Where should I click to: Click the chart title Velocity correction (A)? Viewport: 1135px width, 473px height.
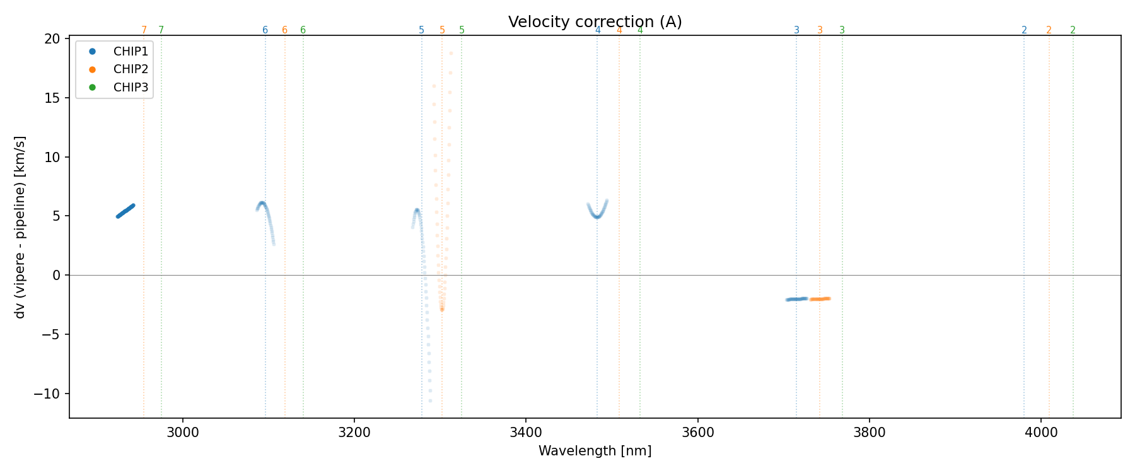(x=595, y=22)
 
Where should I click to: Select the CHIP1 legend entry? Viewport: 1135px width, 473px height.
(x=130, y=52)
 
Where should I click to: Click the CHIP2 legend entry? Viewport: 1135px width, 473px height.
(x=130, y=69)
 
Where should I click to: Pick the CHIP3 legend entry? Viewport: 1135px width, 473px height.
(x=130, y=88)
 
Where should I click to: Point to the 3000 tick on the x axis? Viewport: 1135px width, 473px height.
(x=183, y=433)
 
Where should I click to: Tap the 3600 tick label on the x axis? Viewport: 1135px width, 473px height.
(x=697, y=433)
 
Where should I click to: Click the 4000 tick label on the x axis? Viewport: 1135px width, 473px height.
(x=1041, y=433)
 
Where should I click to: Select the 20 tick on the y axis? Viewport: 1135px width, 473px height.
(x=53, y=39)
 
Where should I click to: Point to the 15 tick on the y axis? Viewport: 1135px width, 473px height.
(x=53, y=98)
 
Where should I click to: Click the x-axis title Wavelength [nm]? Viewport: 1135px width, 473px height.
(x=595, y=452)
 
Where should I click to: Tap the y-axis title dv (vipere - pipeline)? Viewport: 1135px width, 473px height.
(x=20, y=227)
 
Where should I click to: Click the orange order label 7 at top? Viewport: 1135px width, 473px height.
(x=144, y=30)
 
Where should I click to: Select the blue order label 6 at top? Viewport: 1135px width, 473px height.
(x=265, y=30)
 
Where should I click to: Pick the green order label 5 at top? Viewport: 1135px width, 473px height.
(x=462, y=30)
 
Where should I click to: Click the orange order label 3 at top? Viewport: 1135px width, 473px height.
(x=820, y=30)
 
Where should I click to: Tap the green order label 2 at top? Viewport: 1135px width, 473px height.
(x=1073, y=30)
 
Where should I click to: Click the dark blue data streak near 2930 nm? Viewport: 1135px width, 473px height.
(x=125, y=211)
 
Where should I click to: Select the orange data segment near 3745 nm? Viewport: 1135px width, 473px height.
(x=820, y=299)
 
